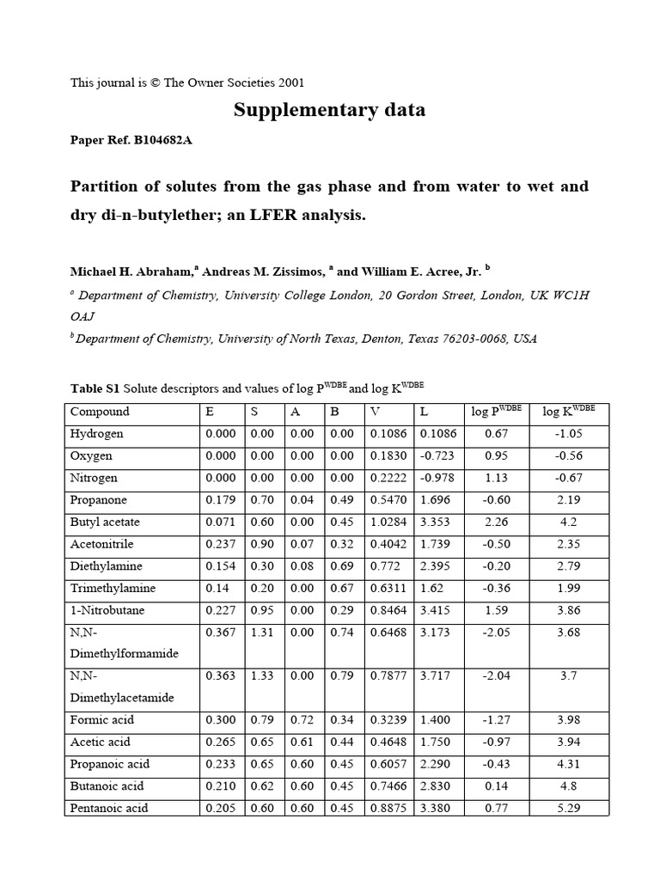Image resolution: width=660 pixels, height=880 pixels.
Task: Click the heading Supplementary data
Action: [x=329, y=111]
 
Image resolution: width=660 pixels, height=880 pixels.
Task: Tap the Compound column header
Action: [x=100, y=412]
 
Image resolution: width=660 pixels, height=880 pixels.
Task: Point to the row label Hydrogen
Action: [x=96, y=434]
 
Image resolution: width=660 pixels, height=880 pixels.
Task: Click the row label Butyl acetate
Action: [x=104, y=522]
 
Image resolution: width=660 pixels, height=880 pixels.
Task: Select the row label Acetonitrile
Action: [x=101, y=544]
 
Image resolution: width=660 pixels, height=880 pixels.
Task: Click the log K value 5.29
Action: [x=569, y=808]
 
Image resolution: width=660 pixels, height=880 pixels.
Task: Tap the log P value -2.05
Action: [x=496, y=632]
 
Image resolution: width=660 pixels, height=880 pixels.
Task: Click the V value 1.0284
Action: [x=389, y=522]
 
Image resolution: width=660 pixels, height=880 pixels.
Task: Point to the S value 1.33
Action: [x=262, y=676]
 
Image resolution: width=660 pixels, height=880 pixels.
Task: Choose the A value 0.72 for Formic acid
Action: [x=302, y=720]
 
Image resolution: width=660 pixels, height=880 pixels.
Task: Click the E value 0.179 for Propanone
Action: [x=220, y=500]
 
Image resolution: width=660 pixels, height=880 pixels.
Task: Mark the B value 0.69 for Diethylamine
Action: [x=342, y=566]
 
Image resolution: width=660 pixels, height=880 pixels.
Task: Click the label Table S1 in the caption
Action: [x=94, y=388]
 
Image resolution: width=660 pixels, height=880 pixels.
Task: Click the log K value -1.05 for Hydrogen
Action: [x=569, y=434]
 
